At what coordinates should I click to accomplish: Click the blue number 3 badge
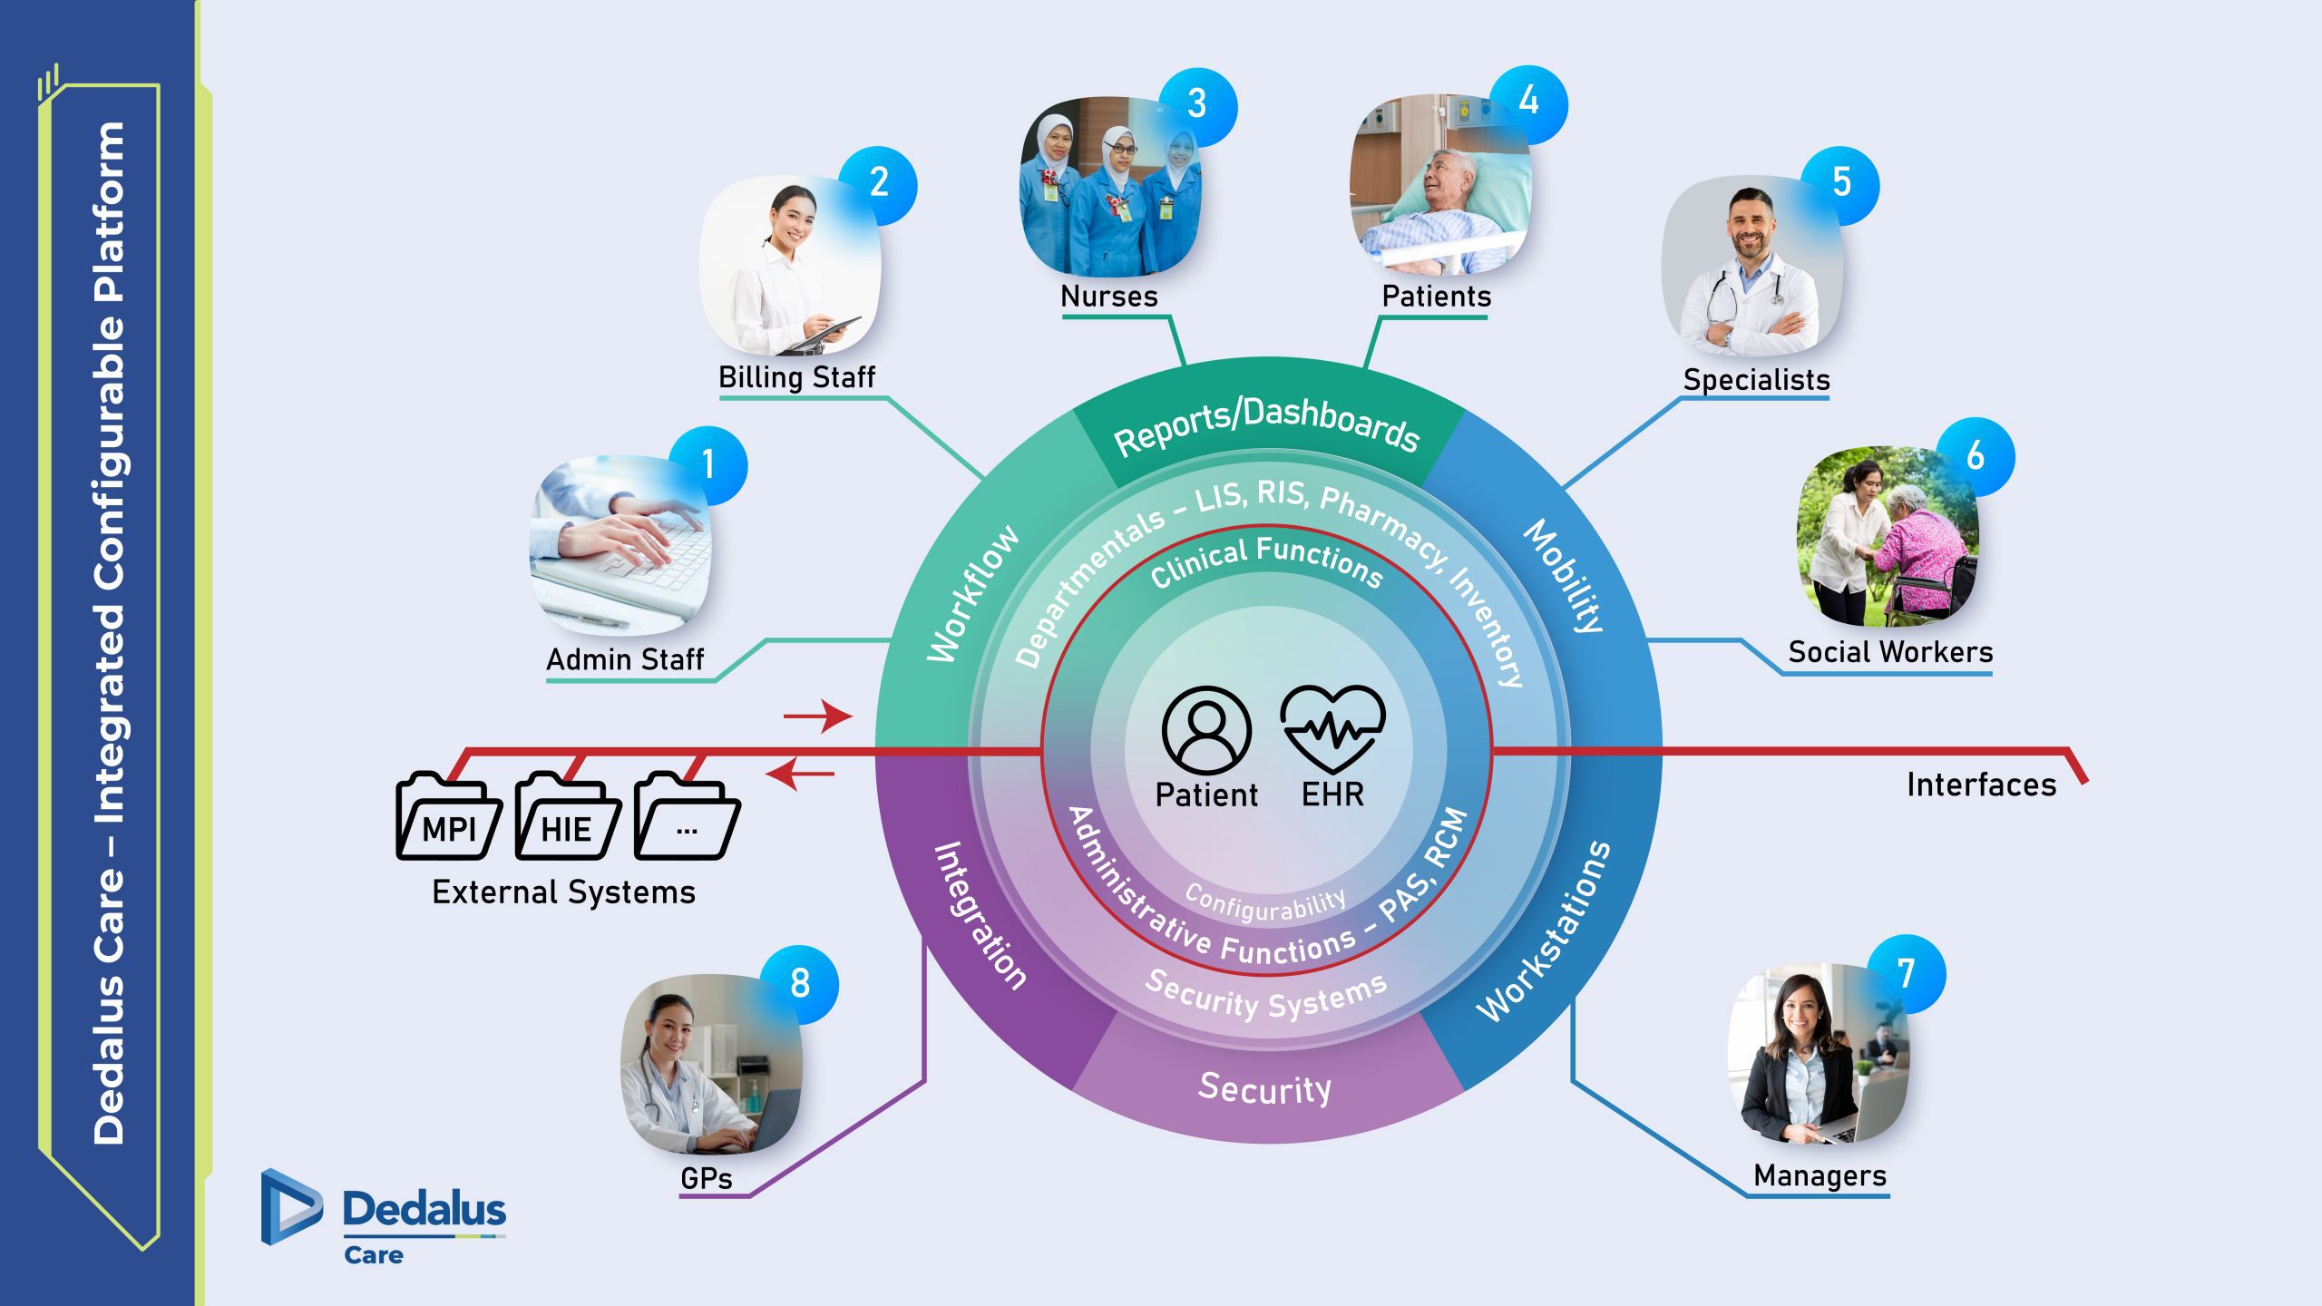tap(1197, 105)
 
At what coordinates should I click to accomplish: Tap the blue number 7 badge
tap(1907, 974)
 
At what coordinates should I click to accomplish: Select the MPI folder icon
tap(449, 819)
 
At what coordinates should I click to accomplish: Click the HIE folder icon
tap(568, 819)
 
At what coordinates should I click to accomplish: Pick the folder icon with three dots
tap(687, 819)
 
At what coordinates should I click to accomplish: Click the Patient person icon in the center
tap(1206, 729)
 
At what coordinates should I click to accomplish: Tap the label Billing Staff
tap(796, 377)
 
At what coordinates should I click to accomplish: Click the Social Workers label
tap(1890, 652)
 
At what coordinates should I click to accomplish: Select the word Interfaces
tap(1981, 785)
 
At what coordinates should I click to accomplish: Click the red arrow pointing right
tap(817, 716)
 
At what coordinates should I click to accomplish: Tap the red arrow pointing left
tap(800, 775)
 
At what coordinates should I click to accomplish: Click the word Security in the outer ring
tap(1265, 1087)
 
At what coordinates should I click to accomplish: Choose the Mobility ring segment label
tap(1566, 577)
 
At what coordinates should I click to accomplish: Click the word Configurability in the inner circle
tap(1265, 903)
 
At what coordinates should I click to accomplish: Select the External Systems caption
tap(563, 892)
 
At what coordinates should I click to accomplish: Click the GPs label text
tap(706, 1178)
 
